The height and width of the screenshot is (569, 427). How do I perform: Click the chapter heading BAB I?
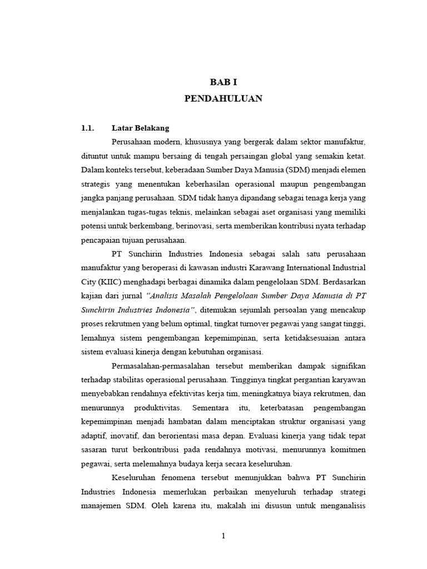224,82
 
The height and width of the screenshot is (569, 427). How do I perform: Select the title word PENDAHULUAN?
224,99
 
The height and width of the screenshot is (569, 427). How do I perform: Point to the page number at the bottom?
223,536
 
